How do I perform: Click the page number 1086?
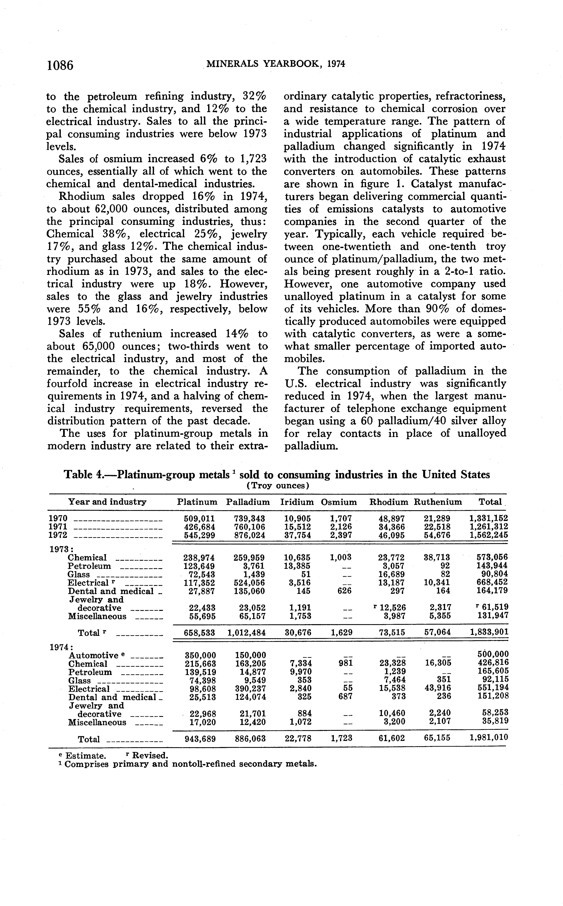60,65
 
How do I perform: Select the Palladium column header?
248,502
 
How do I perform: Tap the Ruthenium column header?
438,502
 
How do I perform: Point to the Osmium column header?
339,502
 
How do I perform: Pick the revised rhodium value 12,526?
393,608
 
